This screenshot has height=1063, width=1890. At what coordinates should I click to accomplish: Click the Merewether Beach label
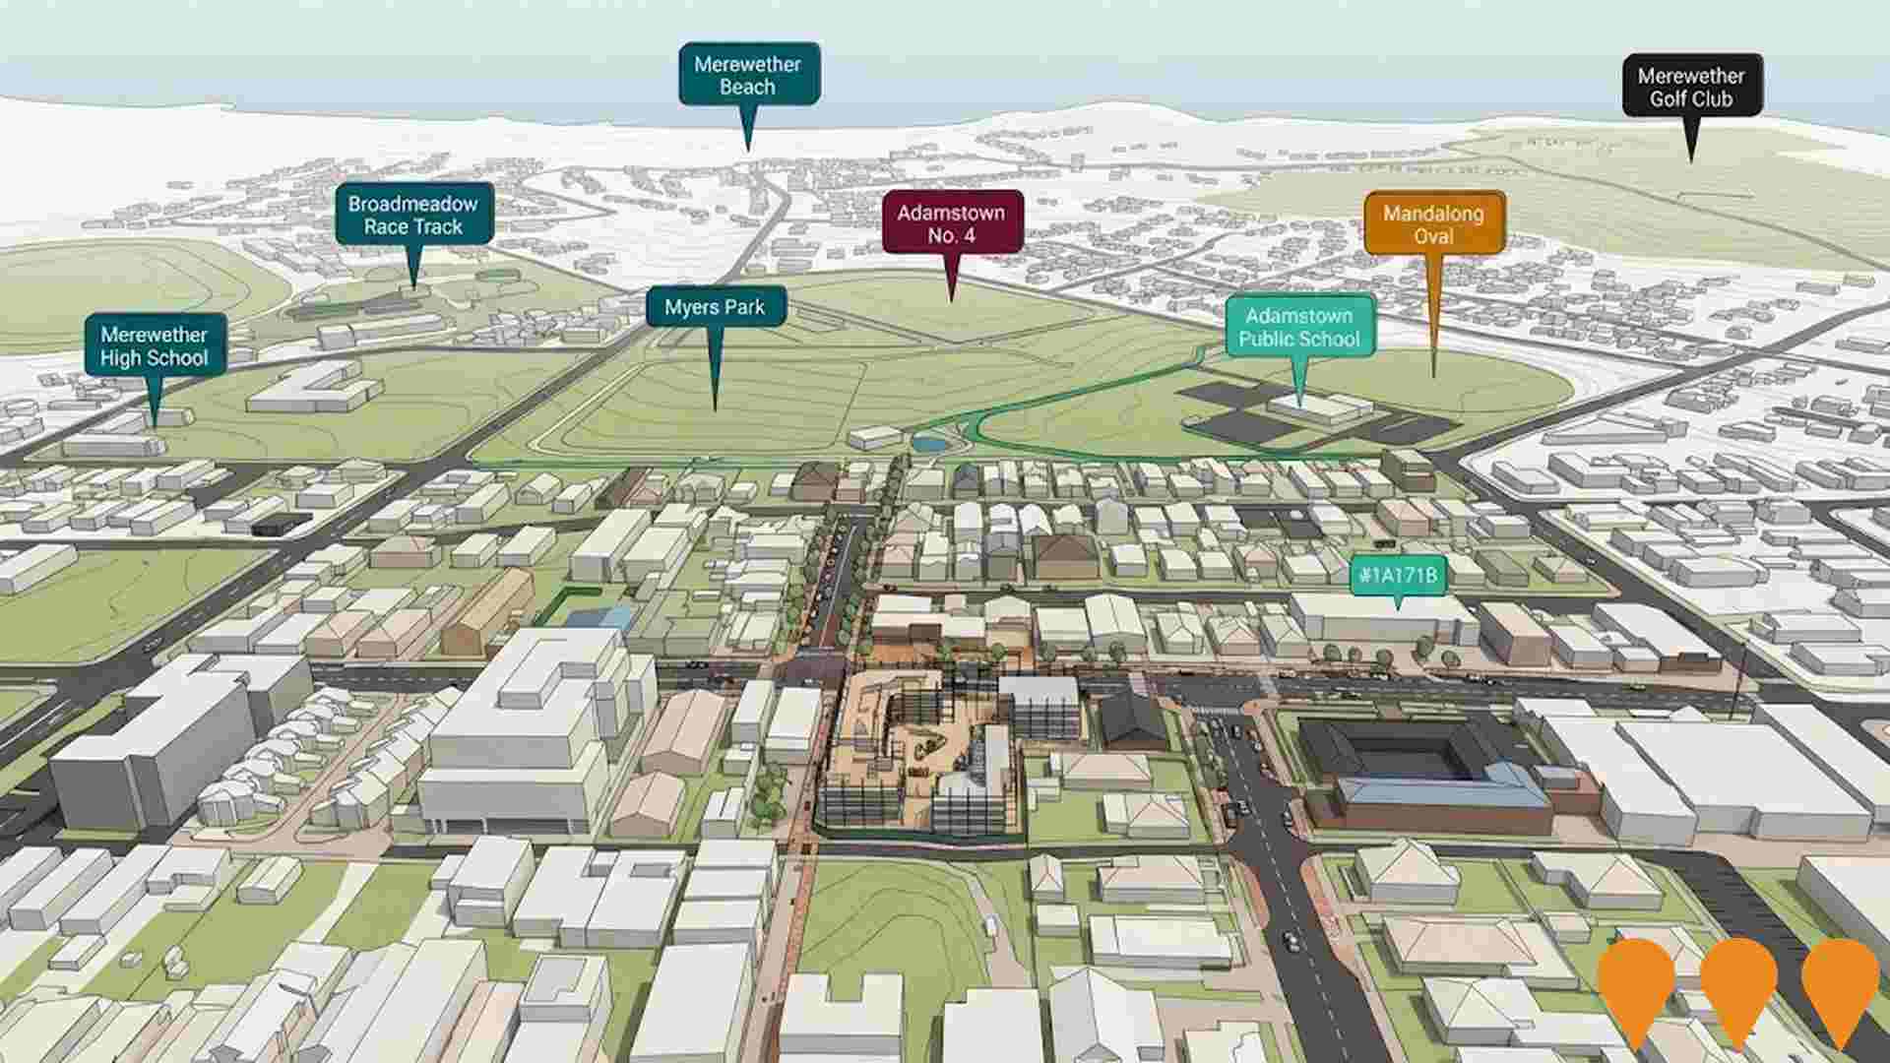(748, 75)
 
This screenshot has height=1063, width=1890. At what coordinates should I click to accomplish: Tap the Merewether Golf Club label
(1691, 87)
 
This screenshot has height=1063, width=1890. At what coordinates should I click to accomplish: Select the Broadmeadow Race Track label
(413, 215)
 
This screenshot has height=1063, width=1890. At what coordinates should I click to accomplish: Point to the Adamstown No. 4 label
(951, 223)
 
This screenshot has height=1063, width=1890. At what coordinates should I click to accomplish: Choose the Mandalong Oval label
(1433, 224)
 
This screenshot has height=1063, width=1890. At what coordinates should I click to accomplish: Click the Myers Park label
(715, 307)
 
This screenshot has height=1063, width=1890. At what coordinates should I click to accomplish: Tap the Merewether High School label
(155, 346)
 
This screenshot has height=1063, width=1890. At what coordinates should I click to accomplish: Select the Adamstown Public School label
(1298, 327)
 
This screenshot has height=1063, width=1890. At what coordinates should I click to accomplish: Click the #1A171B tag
(1398, 576)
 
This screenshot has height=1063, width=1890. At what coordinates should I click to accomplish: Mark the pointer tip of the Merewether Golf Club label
(1691, 159)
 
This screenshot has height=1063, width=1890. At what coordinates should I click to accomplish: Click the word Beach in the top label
(747, 87)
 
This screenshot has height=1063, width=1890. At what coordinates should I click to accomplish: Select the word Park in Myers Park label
(743, 307)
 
